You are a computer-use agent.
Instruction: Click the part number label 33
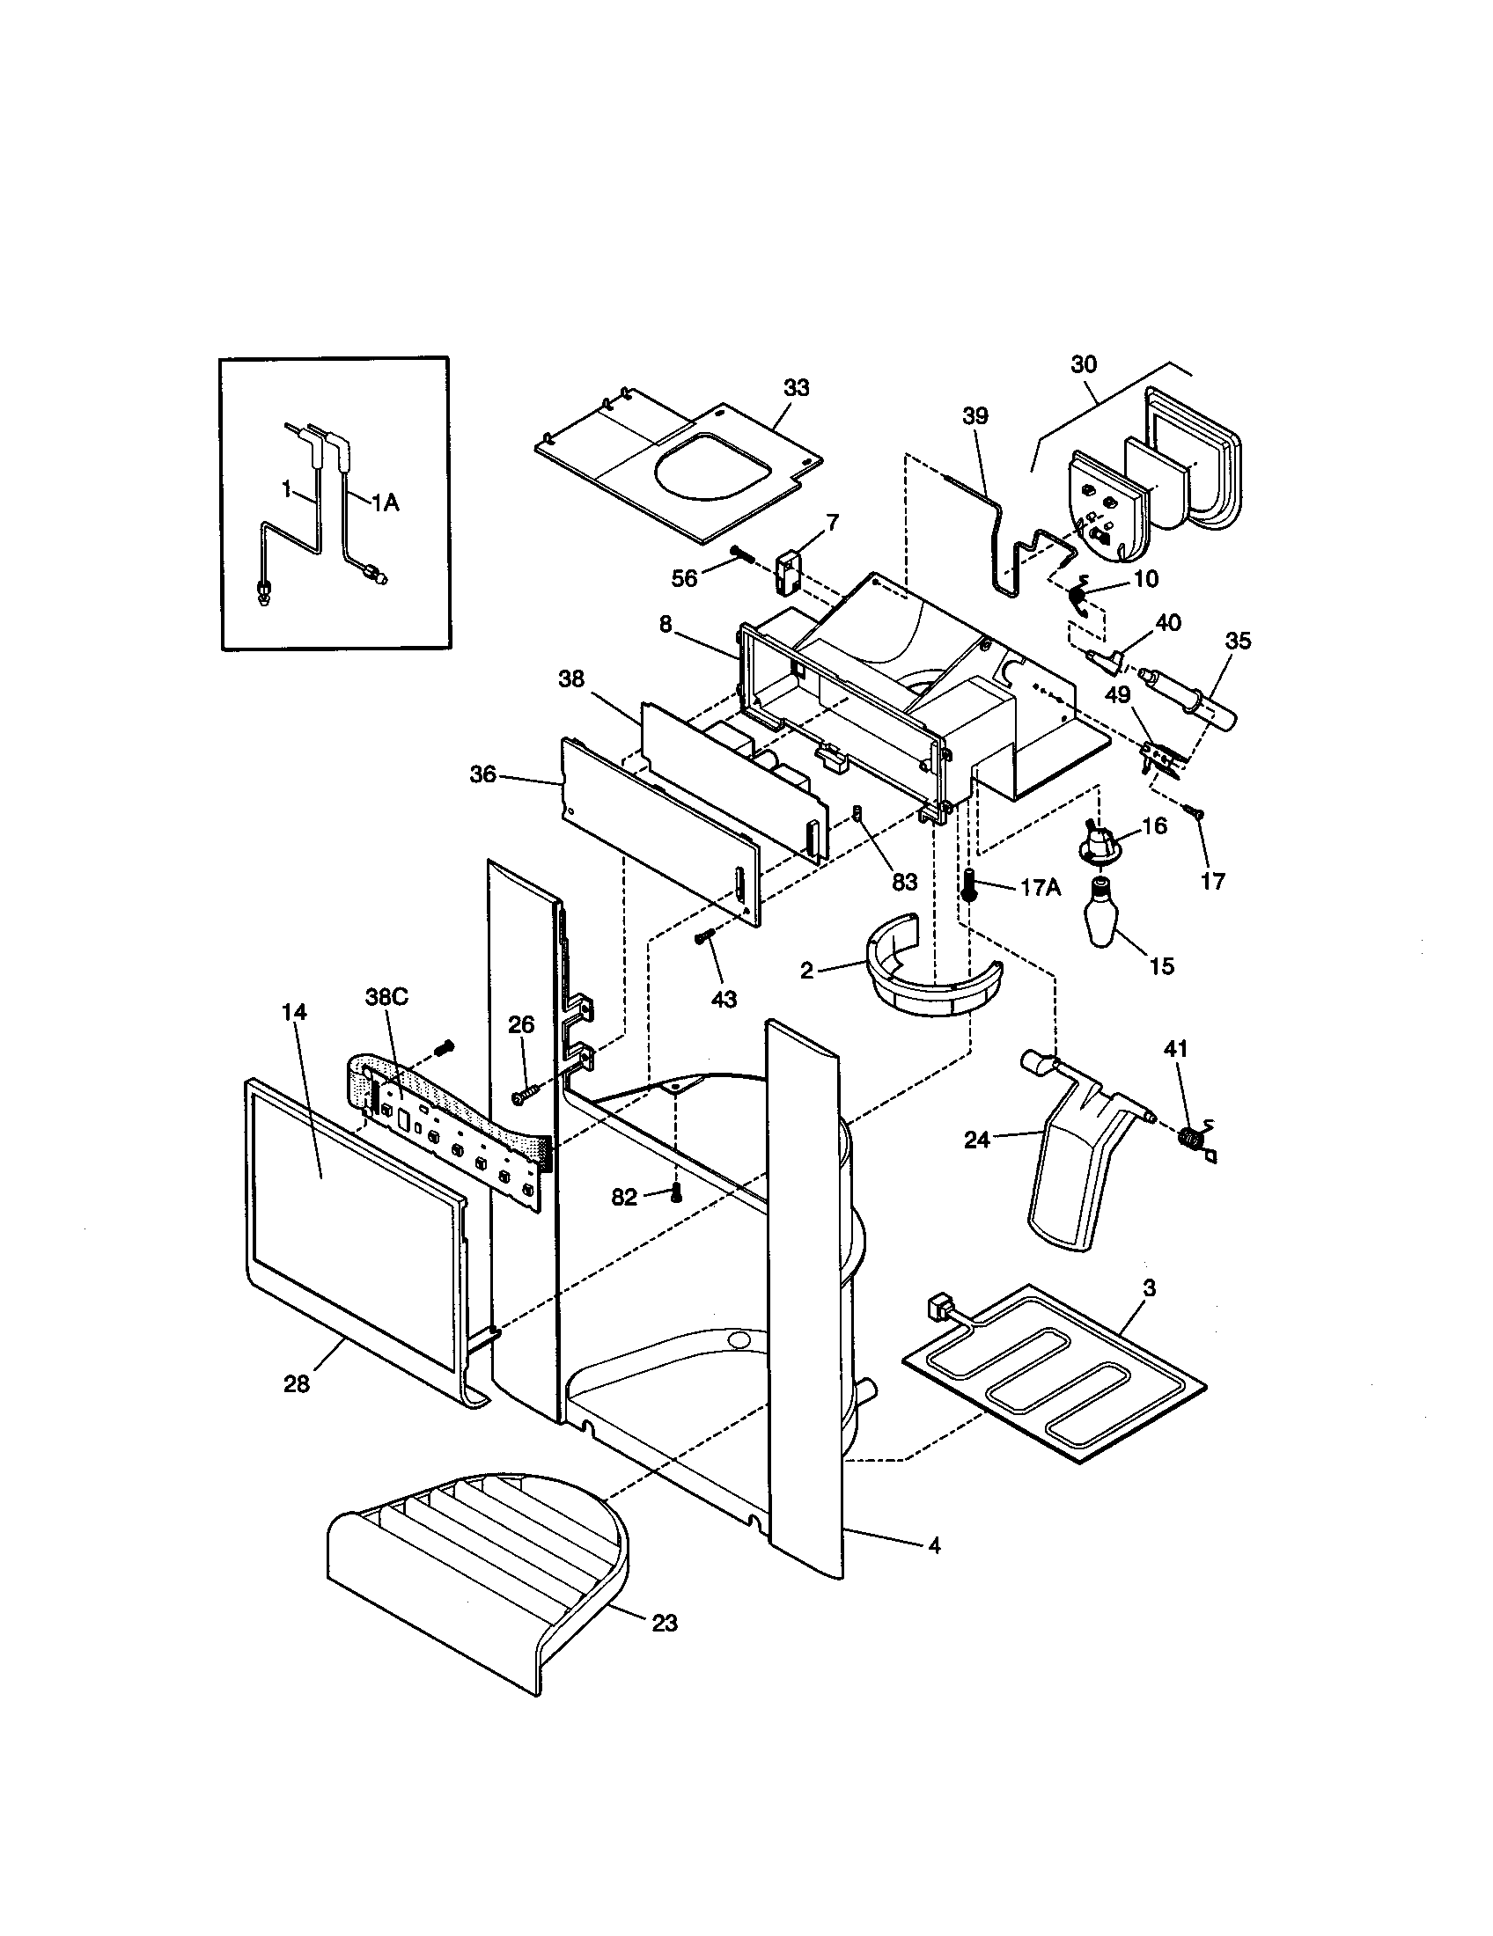795,387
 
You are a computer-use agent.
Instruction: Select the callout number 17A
1039,887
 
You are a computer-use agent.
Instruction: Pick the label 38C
386,995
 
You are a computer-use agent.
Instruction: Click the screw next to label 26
523,1096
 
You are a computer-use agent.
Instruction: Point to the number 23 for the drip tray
664,1623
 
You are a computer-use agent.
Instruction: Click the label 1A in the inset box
384,503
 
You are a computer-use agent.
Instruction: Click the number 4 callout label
934,1546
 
